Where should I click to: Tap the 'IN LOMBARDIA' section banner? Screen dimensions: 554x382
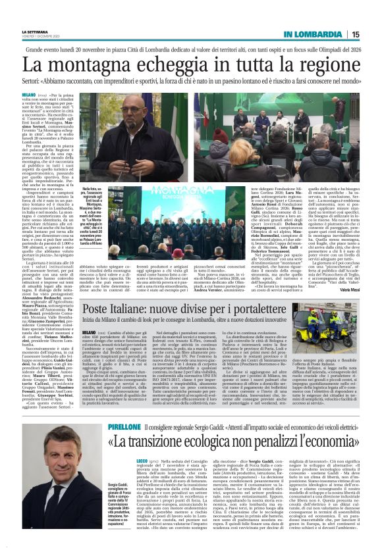click(313, 34)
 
